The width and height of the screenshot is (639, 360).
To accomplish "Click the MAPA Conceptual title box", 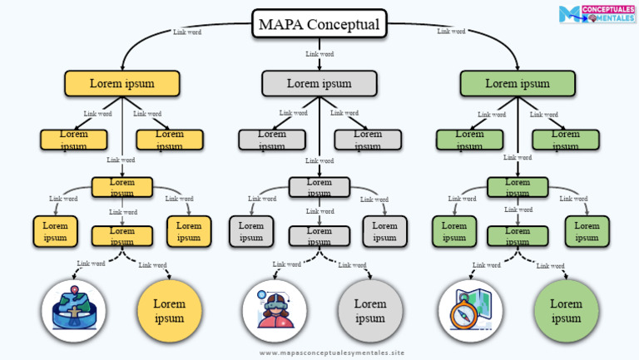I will pos(319,24).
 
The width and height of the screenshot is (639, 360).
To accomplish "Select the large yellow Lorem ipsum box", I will pos(121,83).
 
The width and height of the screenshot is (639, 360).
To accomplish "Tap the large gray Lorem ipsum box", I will pos(319,83).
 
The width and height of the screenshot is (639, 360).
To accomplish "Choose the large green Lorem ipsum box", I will pos(518,83).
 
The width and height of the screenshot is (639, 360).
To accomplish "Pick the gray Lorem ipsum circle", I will pos(370,311).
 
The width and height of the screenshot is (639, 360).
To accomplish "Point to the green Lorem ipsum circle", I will pos(566,311).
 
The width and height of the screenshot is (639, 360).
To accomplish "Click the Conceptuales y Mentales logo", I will pos(597,14).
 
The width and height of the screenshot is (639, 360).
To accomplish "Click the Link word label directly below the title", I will pos(319,54).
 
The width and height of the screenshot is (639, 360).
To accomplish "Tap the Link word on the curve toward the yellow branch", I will pos(186,32).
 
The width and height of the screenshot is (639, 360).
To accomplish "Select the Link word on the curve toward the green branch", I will pos(451,32).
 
